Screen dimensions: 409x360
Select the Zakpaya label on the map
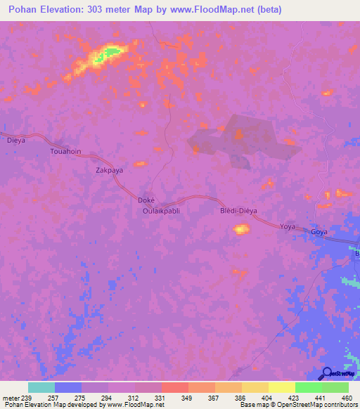pos(109,170)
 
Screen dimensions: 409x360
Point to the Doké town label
pos(145,200)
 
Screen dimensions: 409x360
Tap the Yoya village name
pos(288,227)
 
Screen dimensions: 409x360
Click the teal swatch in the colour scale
pos(41,387)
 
